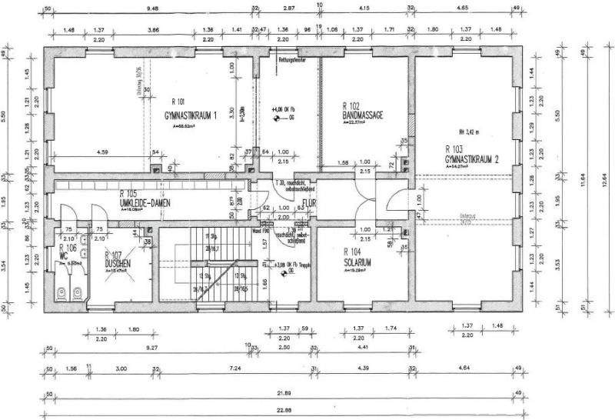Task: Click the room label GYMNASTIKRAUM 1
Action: click(x=191, y=115)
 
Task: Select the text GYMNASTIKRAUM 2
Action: click(x=477, y=158)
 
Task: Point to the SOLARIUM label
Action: click(x=357, y=262)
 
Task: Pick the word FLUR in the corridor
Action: click(x=310, y=204)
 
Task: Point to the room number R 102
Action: click(x=354, y=105)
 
